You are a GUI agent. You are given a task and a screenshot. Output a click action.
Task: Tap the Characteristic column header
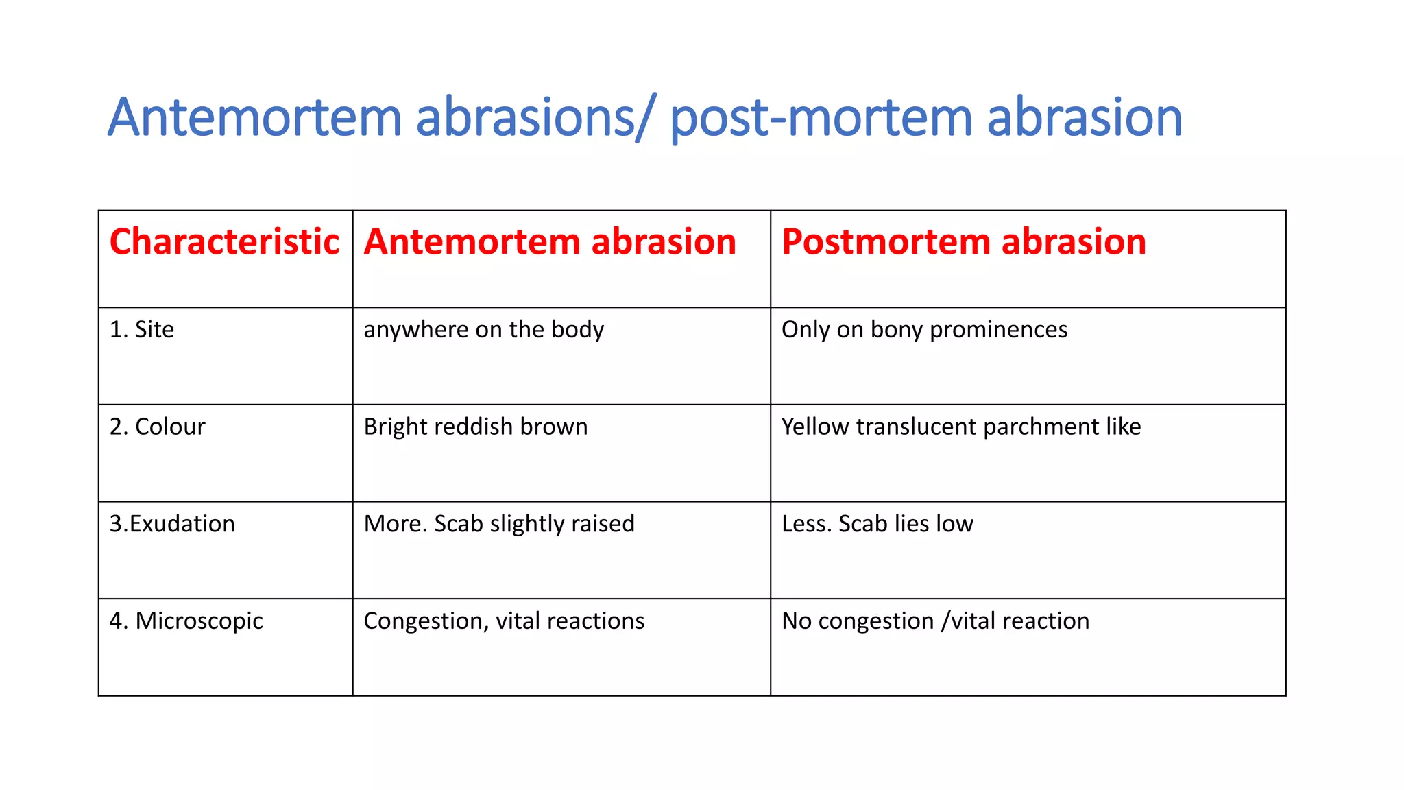pos(224,242)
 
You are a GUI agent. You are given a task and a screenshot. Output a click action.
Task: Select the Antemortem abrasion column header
pos(550,242)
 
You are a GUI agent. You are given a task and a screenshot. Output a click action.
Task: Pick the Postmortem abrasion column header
pos(963,242)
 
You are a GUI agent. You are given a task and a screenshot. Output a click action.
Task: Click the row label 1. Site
pos(142,330)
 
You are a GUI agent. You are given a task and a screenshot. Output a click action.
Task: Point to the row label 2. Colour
pos(157,427)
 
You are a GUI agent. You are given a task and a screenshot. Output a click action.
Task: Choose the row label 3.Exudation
pos(172,524)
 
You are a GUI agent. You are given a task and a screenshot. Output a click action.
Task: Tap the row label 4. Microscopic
pos(186,621)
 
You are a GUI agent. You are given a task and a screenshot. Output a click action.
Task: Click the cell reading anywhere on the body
pos(483,330)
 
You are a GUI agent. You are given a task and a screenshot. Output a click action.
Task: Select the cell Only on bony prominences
pos(924,330)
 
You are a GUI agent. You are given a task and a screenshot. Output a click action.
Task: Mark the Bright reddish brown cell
pos(475,427)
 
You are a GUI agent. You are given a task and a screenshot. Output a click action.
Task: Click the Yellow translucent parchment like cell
pos(961,427)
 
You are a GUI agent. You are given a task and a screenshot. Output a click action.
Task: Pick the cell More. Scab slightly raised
pos(499,524)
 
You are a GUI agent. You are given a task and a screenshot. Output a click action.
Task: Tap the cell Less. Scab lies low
pos(877,524)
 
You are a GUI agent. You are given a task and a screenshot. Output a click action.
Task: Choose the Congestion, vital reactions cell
pos(504,621)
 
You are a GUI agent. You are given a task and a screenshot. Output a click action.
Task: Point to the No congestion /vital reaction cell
pos(935,621)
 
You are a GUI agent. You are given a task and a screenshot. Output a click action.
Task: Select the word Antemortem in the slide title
pos(254,118)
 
